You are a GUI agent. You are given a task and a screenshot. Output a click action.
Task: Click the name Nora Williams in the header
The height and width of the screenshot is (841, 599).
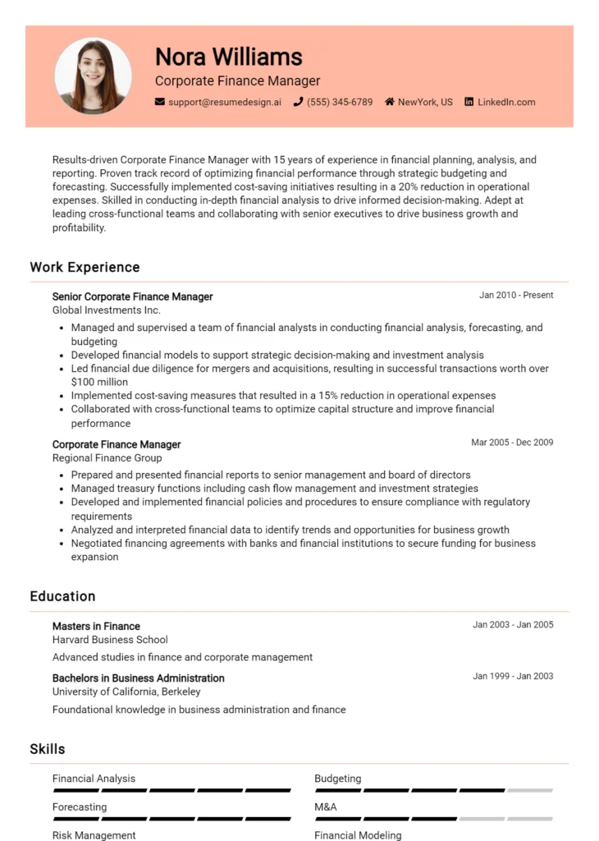(228, 57)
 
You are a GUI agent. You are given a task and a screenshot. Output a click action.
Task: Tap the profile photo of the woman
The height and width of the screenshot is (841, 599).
(93, 76)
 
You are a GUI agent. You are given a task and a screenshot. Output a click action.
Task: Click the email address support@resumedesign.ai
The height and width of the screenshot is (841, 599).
(224, 103)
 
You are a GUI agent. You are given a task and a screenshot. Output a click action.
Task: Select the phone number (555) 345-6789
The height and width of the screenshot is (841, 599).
(340, 103)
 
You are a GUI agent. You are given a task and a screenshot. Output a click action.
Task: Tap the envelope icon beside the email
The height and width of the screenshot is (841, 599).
(160, 103)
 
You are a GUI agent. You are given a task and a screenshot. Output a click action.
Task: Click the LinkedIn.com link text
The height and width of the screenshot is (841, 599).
(506, 103)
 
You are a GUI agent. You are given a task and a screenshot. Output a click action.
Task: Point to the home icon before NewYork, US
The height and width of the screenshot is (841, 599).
(389, 103)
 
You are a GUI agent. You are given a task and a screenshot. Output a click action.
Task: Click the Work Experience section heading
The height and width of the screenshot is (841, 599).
(85, 267)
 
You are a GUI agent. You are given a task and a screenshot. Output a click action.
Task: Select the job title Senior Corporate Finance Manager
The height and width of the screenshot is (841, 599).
(132, 296)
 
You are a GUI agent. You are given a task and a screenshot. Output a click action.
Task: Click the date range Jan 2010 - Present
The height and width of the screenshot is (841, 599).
(516, 295)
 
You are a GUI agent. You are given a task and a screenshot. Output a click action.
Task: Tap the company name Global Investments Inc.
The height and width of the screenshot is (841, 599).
(106, 310)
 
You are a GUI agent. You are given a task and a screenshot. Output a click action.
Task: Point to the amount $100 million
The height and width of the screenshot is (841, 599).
(99, 382)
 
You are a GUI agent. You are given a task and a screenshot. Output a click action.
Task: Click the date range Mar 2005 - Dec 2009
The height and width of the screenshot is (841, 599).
(512, 443)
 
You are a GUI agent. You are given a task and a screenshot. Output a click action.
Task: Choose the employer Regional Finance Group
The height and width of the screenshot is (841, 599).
(107, 458)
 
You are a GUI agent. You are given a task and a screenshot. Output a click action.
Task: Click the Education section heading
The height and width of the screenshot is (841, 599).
(62, 596)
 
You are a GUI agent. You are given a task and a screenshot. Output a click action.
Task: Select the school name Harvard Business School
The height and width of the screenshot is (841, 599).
(110, 640)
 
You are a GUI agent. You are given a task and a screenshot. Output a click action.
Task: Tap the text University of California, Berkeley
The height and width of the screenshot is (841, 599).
(126, 692)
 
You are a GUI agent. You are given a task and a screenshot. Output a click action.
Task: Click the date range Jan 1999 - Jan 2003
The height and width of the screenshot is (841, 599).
(513, 677)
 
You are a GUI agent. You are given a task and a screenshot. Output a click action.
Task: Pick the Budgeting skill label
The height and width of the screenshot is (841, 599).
(337, 779)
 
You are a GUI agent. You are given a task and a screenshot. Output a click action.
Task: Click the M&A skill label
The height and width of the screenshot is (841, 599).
(325, 807)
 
